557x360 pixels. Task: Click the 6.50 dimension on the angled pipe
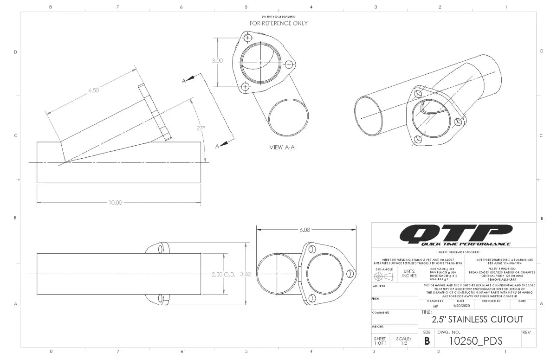tap(93, 90)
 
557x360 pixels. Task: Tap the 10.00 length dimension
tap(115, 202)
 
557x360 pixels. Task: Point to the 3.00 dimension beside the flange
tap(217, 61)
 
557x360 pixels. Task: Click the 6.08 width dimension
tap(305, 230)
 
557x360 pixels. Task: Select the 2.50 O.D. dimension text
tap(224, 274)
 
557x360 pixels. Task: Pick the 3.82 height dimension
tap(246, 274)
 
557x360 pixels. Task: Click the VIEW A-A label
tap(282, 148)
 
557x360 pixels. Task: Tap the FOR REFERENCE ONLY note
tap(278, 23)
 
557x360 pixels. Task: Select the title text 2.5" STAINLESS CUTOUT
tap(477, 320)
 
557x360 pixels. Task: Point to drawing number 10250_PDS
tap(476, 341)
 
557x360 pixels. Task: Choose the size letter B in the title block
tap(427, 341)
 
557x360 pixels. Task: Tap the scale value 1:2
tap(404, 344)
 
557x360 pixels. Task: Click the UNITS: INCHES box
tap(409, 274)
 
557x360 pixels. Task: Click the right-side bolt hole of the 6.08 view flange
tap(350, 274)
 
